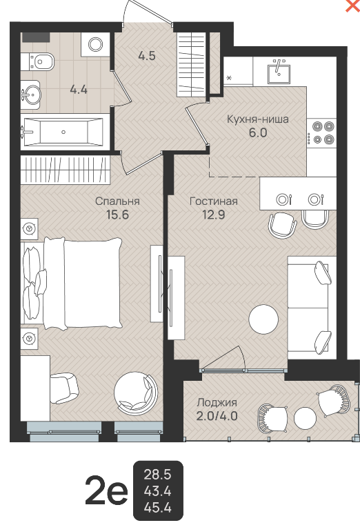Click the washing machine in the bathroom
[95, 44]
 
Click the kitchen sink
[279, 72]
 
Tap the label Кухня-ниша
[258, 119]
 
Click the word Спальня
[117, 201]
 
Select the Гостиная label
[214, 201]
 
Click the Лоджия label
[217, 402]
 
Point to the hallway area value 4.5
[147, 56]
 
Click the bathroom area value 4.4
[79, 90]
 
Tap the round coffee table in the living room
[263, 319]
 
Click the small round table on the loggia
[305, 418]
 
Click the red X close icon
[353, 6]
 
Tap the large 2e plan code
[106, 491]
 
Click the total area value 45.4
[157, 508]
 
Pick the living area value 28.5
[157, 475]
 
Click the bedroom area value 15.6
[117, 215]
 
